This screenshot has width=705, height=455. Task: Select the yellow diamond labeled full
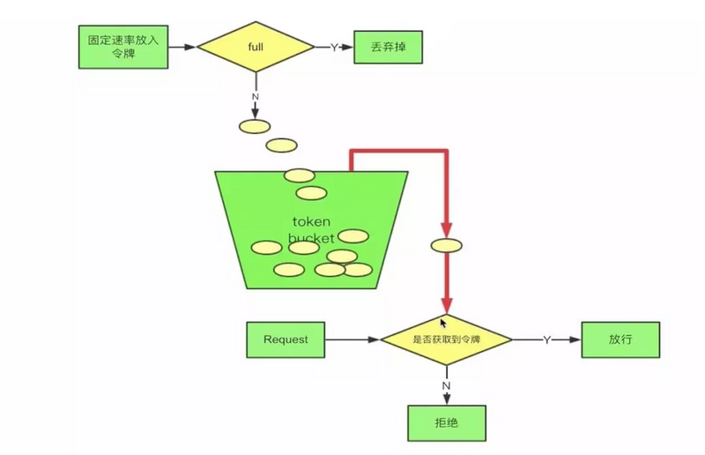coord(256,47)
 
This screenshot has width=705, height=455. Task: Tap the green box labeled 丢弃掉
coord(388,47)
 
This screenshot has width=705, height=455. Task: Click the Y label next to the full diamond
coord(334,48)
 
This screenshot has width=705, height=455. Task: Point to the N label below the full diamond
coord(256,95)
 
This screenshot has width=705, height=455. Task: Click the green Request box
coord(286,339)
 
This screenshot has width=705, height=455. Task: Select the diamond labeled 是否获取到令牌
coord(446,339)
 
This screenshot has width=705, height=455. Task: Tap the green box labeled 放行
coord(620,339)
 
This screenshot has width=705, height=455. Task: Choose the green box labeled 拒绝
coord(446,422)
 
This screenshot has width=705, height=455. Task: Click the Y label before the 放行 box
coord(546,339)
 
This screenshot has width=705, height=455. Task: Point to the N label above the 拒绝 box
coord(446,384)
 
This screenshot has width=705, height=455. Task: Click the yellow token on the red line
coord(446,245)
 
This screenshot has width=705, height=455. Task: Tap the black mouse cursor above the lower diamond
coord(444,324)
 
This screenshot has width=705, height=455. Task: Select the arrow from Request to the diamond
coord(352,339)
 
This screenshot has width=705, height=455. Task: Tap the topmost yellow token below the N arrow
coord(255,126)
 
